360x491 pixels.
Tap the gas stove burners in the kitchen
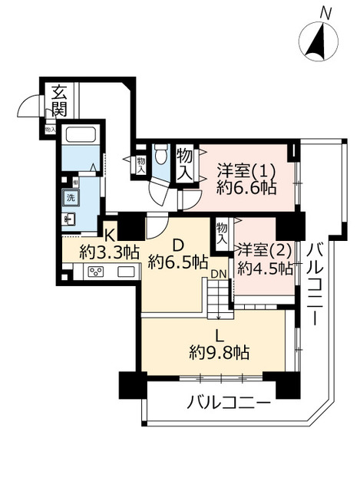click(97, 272)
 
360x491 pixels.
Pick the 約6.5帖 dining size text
click(177, 262)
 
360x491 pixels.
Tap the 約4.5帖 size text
click(264, 268)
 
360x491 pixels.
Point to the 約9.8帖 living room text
click(219, 352)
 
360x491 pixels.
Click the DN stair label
click(218, 273)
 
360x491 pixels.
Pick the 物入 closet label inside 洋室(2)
click(223, 233)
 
